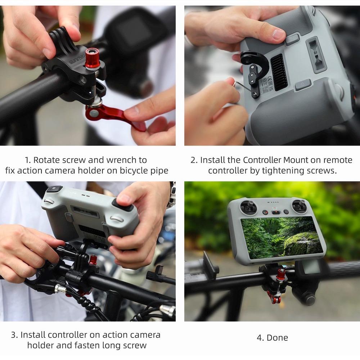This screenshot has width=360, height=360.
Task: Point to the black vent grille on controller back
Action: [x=279, y=72]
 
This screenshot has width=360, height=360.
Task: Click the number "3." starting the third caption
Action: [x=14, y=335]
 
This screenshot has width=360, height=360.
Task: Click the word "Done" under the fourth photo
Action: [x=278, y=338]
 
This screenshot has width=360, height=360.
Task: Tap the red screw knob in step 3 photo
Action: [x=93, y=259]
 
